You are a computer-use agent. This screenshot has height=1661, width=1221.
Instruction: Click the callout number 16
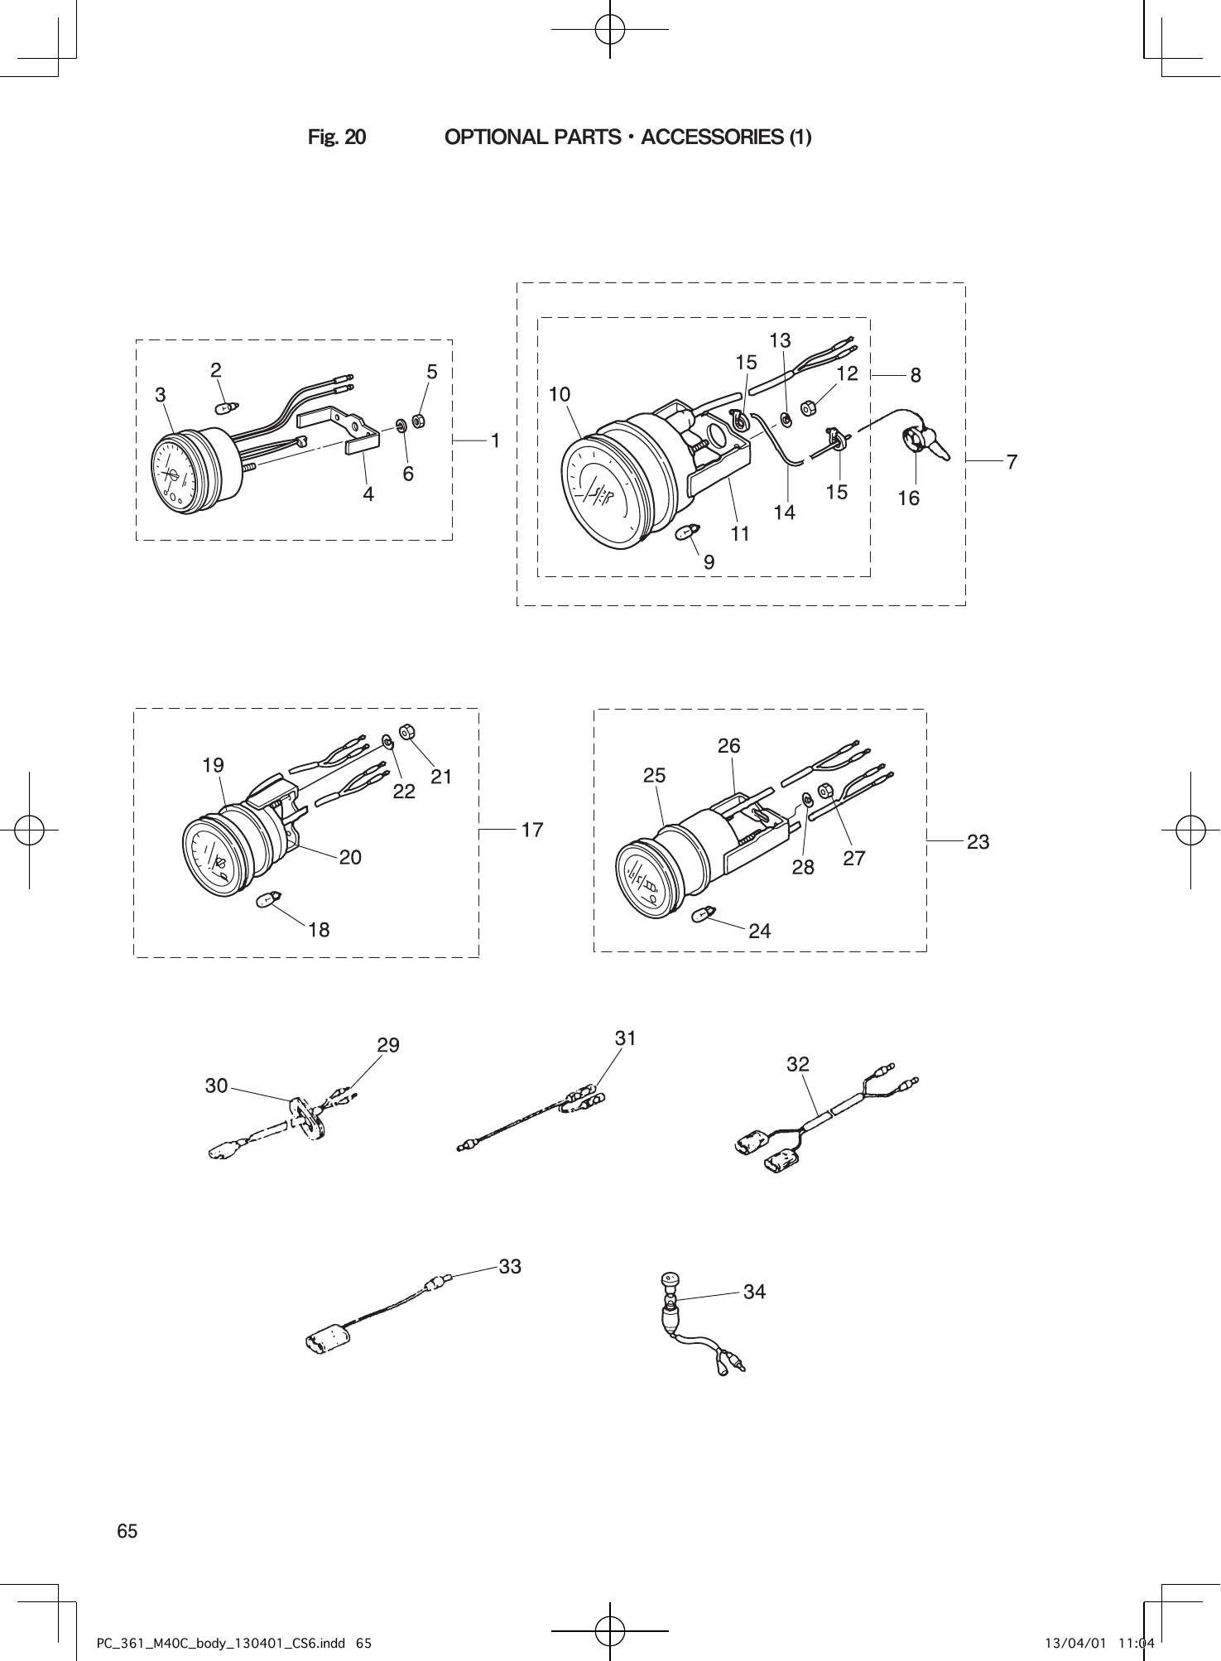point(908,498)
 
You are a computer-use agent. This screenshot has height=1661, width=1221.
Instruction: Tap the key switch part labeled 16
point(919,438)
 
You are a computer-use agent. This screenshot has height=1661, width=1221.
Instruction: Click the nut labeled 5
point(419,421)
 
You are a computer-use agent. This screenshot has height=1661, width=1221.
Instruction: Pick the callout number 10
point(560,395)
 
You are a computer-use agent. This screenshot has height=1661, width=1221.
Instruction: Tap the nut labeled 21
point(406,732)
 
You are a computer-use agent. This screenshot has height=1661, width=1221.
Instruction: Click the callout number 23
point(978,842)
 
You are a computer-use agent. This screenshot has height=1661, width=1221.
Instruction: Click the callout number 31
point(626,1038)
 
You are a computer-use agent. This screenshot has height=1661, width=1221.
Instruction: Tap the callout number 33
point(510,1266)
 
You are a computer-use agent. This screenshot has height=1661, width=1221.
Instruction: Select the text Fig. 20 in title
point(337,137)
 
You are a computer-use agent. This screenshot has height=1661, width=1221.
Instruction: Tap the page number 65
point(127,1531)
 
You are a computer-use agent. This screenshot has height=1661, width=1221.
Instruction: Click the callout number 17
point(532,829)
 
